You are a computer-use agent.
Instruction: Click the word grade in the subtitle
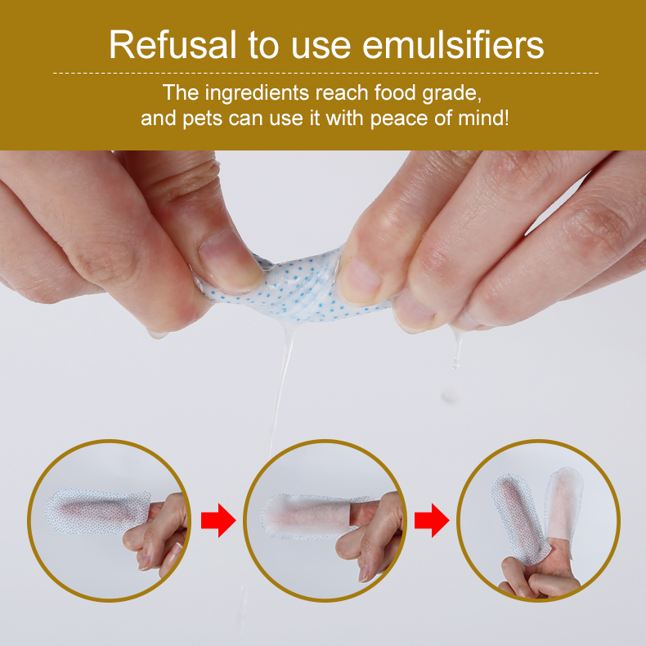[x=455, y=92]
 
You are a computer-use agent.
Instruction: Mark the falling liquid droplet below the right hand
[x=448, y=395]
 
